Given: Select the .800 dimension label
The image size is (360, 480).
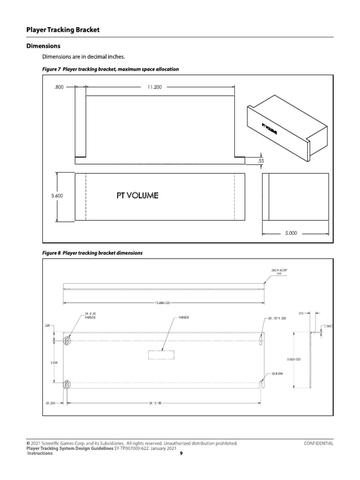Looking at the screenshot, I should [59, 87].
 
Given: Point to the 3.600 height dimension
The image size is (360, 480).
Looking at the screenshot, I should [57, 196].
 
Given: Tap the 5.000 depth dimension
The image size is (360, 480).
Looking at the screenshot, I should [290, 232].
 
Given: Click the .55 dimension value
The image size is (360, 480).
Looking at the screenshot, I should [261, 161].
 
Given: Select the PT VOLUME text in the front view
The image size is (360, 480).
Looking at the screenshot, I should [137, 195].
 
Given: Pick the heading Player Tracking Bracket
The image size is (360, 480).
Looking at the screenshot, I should [62, 30].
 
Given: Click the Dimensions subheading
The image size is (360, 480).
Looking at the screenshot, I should [43, 46].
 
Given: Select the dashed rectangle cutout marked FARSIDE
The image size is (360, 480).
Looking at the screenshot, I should [162, 355].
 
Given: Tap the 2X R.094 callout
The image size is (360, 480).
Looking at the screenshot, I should [278, 374].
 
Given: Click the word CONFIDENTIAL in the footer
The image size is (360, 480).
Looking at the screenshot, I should [319, 443].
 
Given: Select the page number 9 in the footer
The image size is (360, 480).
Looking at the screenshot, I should [181, 453].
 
